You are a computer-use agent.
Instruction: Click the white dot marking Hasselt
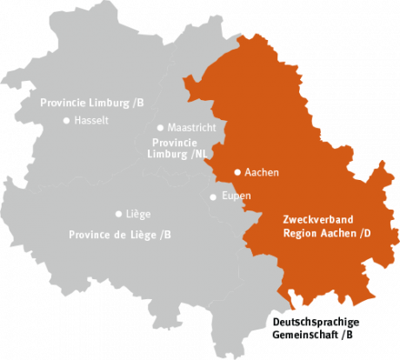(x=67, y=121)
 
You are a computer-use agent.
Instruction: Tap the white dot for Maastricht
(x=160, y=127)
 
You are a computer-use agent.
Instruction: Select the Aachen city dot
(x=237, y=172)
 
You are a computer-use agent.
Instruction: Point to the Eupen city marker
(x=213, y=197)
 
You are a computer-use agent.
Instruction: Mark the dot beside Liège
(x=118, y=213)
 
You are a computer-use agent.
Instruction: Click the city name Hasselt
(x=92, y=121)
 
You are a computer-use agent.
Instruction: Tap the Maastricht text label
(x=192, y=127)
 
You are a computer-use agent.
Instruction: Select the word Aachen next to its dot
(x=262, y=172)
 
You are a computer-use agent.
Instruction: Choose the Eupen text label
(x=237, y=196)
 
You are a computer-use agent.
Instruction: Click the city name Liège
(x=139, y=213)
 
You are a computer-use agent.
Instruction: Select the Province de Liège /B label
(x=120, y=235)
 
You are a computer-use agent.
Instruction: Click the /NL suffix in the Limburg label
(x=201, y=154)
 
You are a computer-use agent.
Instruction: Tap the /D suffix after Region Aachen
(x=363, y=233)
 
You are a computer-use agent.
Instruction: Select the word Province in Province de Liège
(x=90, y=235)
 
